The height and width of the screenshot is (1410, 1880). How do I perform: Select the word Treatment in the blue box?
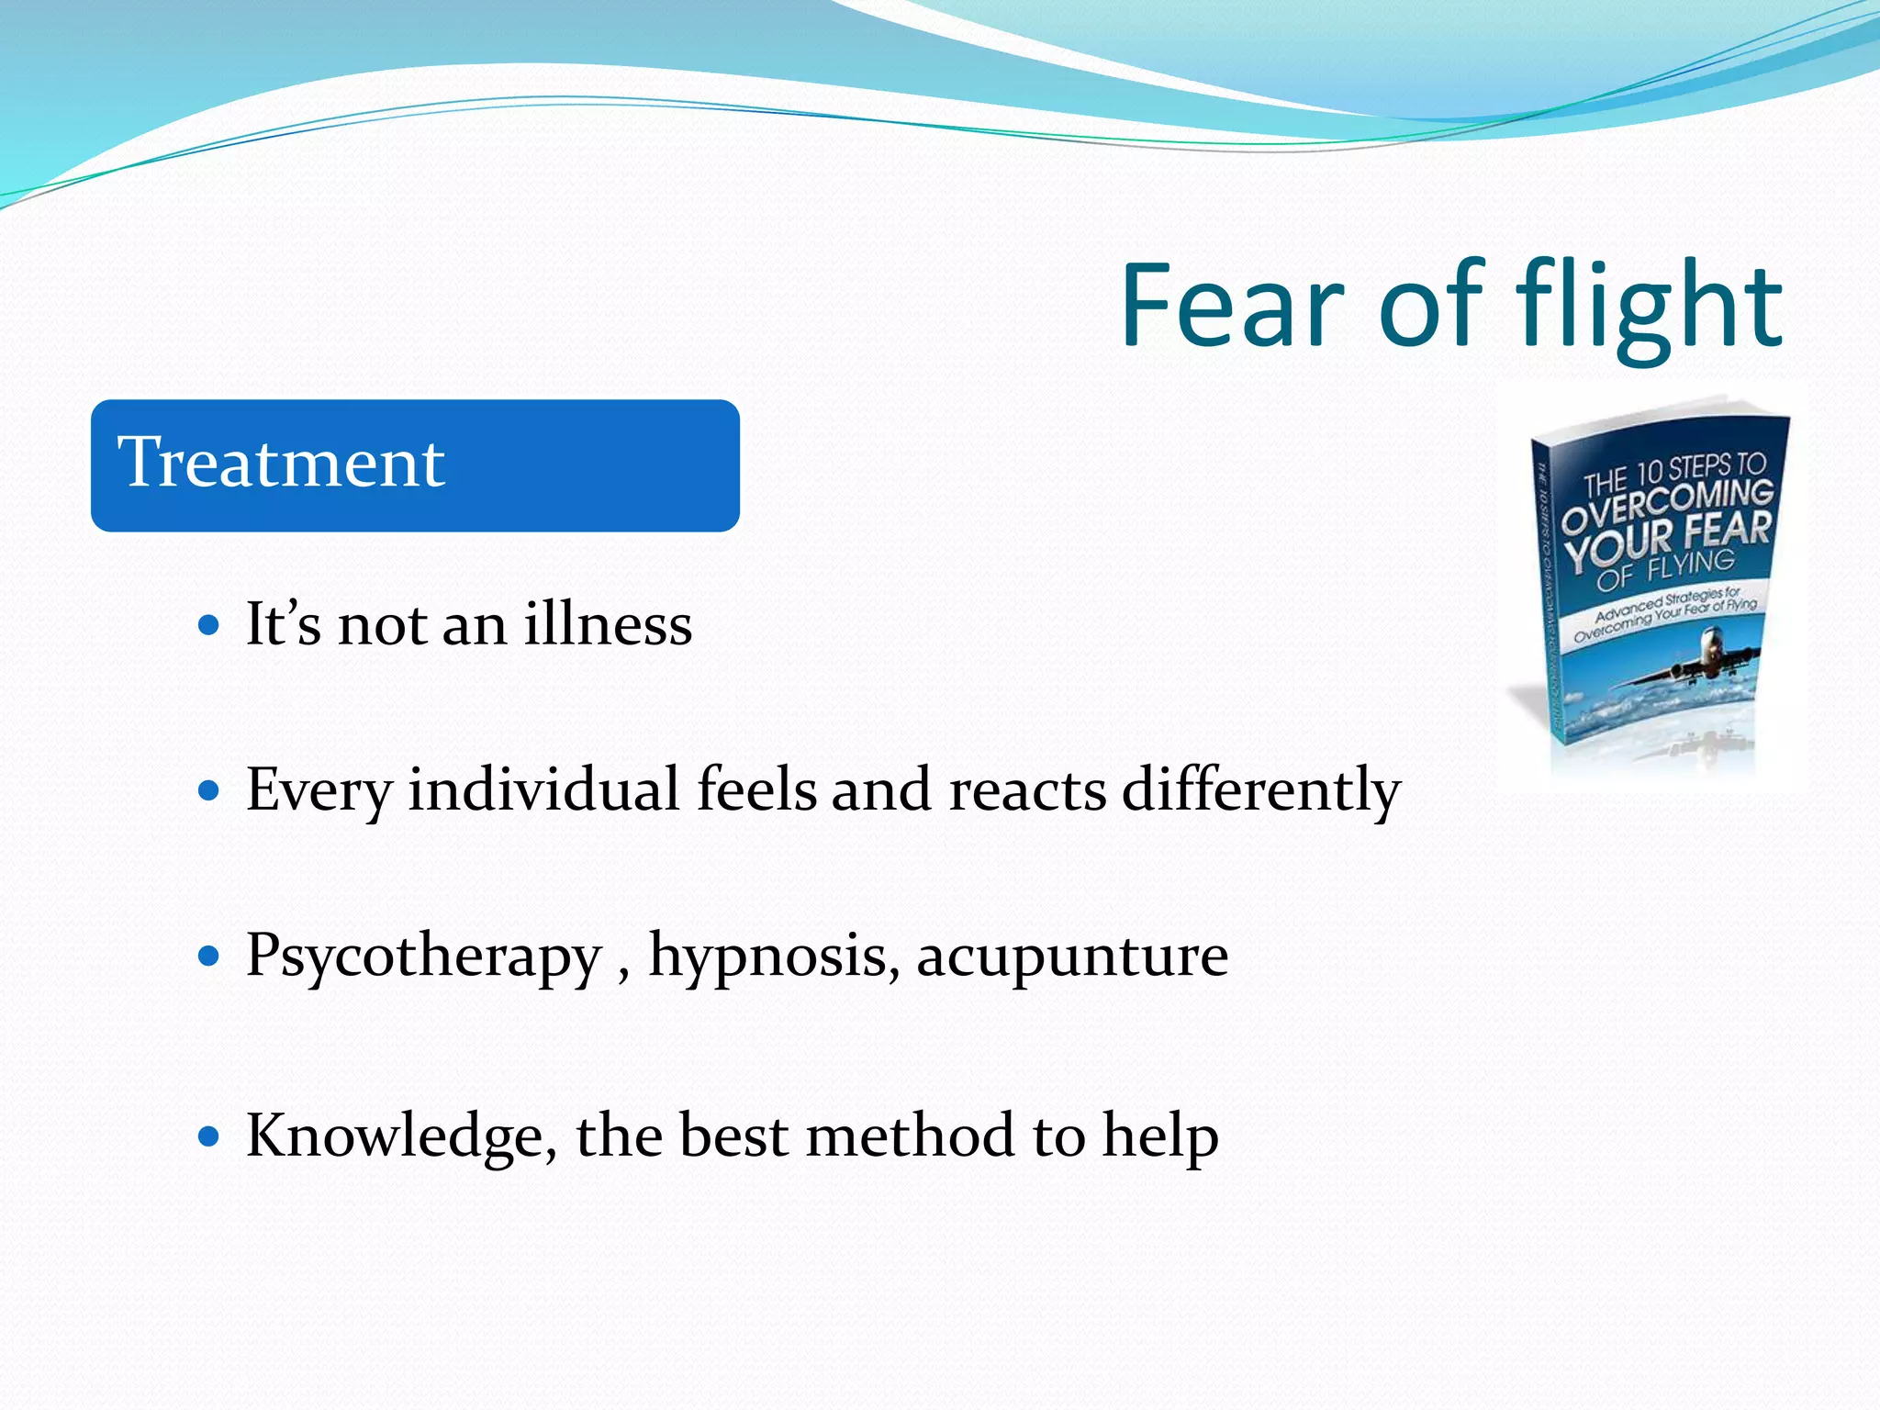click(281, 463)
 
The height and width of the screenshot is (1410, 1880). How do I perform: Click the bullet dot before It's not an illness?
click(209, 626)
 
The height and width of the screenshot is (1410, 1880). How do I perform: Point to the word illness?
click(608, 624)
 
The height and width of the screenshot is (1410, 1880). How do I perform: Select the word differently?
click(1261, 789)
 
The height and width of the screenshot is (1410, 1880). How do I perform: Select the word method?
click(910, 1136)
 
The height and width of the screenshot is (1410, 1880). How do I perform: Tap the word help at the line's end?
click(1160, 1136)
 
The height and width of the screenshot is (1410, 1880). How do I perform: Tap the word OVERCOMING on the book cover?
click(1666, 505)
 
